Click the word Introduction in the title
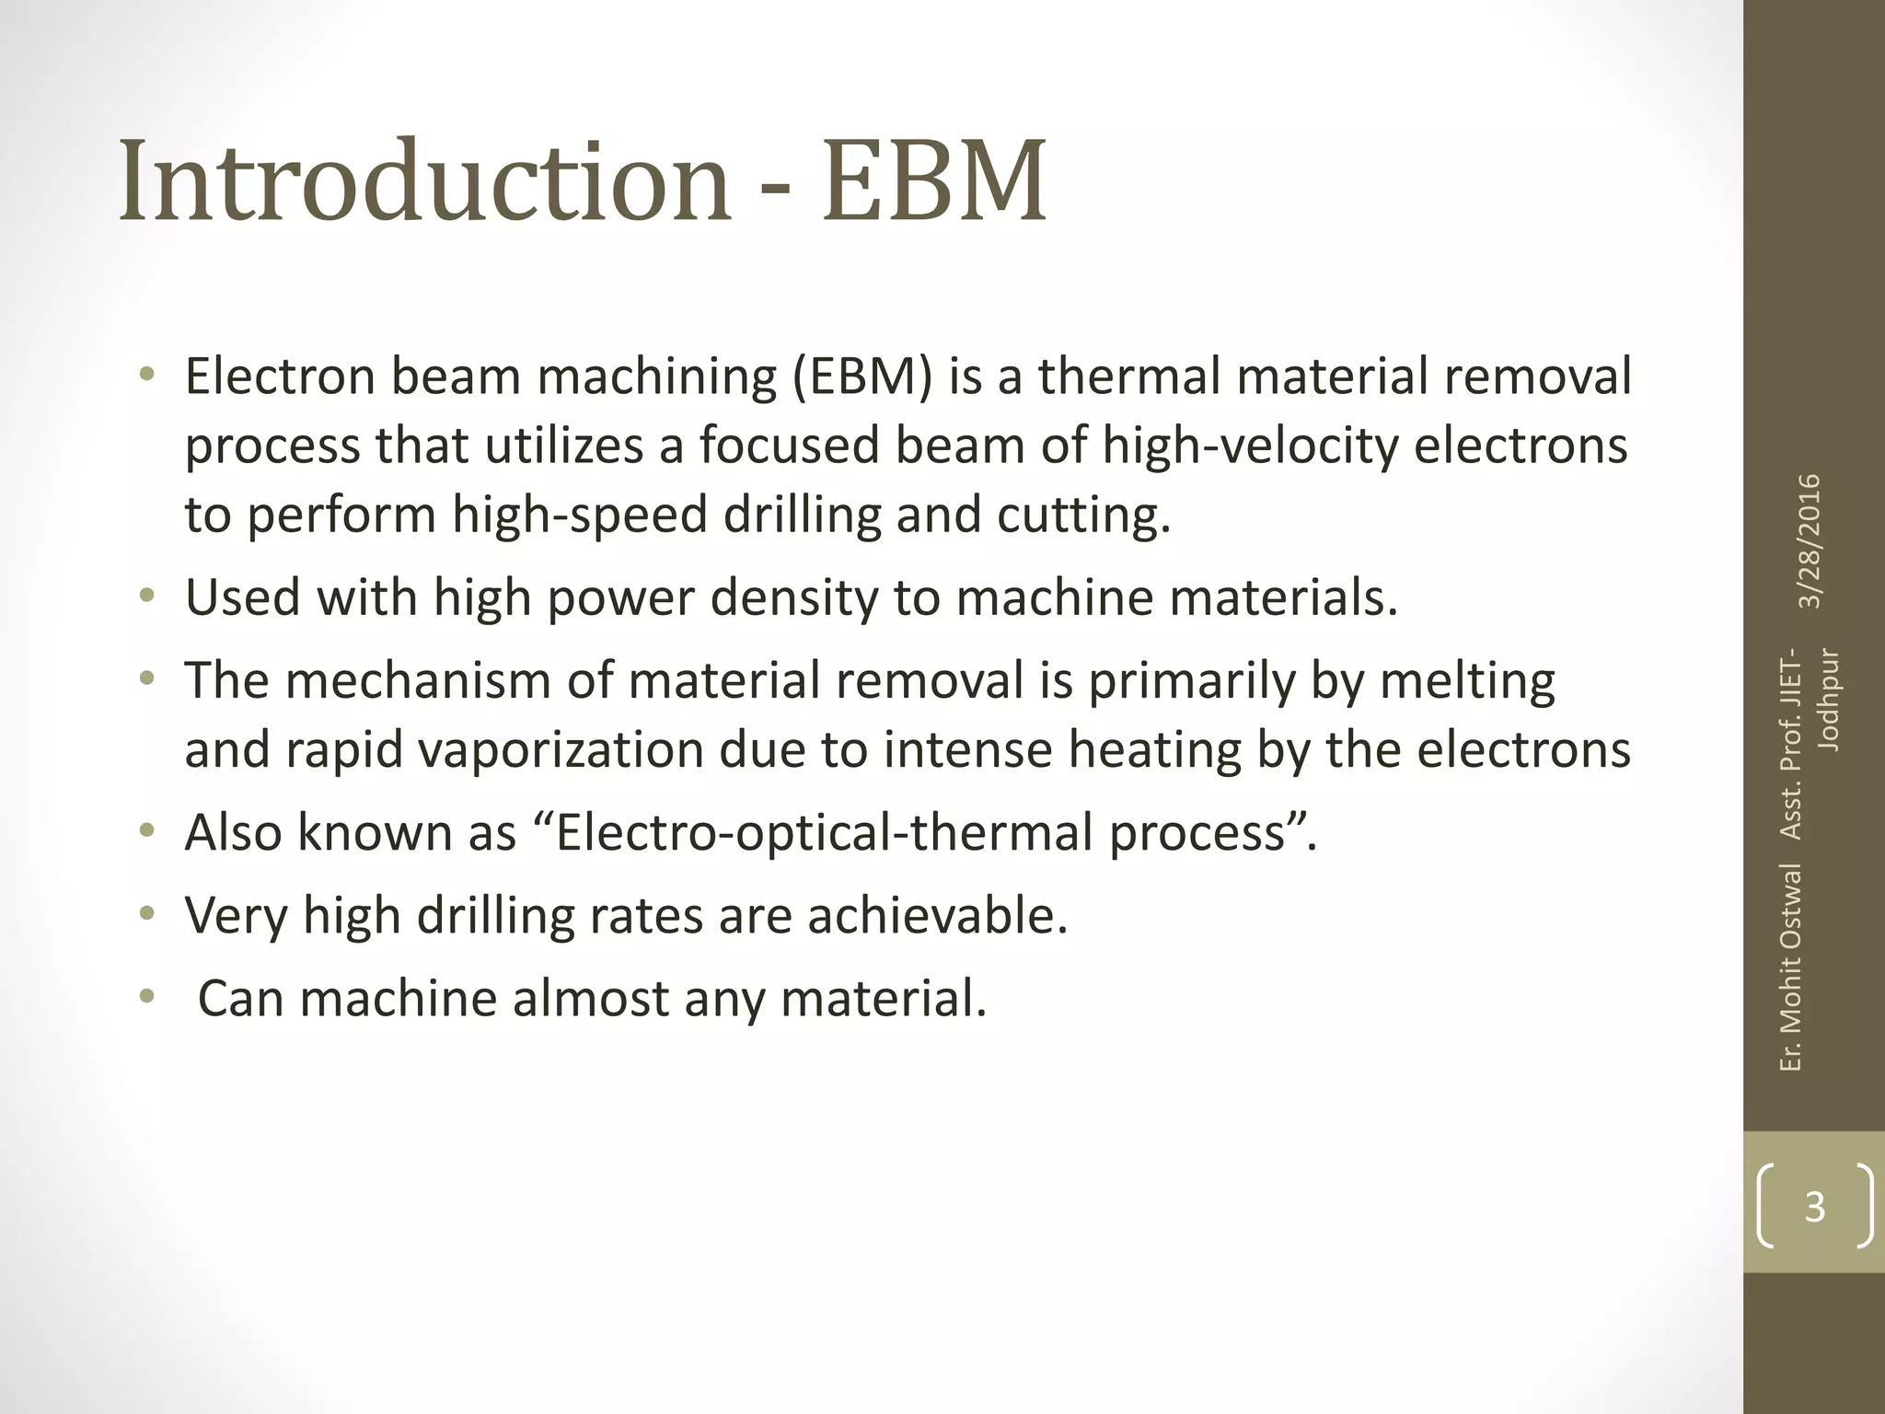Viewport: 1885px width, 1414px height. pyautogui.click(x=424, y=181)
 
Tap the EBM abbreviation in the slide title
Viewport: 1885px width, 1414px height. pyautogui.click(x=934, y=181)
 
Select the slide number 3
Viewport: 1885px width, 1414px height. pyautogui.click(x=1814, y=1206)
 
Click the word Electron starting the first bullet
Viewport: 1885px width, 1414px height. pyautogui.click(x=280, y=377)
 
